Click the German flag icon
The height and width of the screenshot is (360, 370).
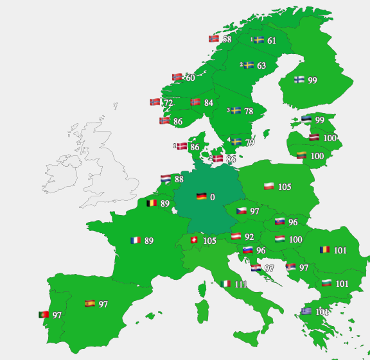pos(201,196)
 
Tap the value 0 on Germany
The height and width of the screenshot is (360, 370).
pos(213,197)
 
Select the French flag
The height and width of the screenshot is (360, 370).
pos(136,241)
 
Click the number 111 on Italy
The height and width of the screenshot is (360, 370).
pos(241,284)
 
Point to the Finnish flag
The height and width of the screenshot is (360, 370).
pos(299,80)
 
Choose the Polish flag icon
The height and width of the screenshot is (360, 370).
pos(269,187)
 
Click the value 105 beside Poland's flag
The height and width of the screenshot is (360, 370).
pos(285,187)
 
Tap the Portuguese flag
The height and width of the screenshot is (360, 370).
pos(44,315)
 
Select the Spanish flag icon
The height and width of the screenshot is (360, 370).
pos(90,304)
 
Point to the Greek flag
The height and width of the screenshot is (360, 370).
pos(306,311)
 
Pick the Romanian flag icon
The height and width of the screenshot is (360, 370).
pos(325,250)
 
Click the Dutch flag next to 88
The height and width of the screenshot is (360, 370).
pos(165,179)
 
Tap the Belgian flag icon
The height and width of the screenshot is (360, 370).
pos(152,203)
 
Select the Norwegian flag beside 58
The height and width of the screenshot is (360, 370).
pos(214,39)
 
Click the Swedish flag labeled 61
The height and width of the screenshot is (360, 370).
pos(259,40)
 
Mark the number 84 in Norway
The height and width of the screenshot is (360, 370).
pos(209,103)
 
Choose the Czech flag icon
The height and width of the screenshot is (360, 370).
pos(242,211)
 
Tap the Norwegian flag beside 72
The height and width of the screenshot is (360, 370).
pos(155,102)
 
